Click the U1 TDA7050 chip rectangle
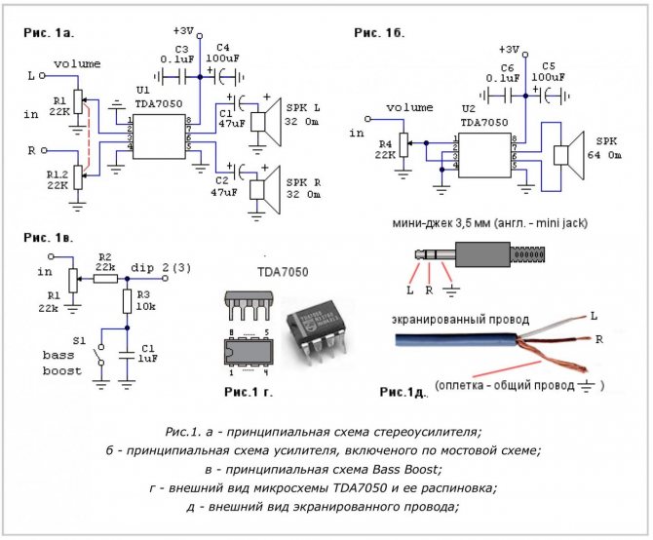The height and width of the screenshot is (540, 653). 160,135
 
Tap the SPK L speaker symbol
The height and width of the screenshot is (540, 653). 260,121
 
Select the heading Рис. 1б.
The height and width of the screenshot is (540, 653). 378,32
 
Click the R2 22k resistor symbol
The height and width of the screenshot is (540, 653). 105,277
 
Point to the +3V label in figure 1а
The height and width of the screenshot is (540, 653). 184,29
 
